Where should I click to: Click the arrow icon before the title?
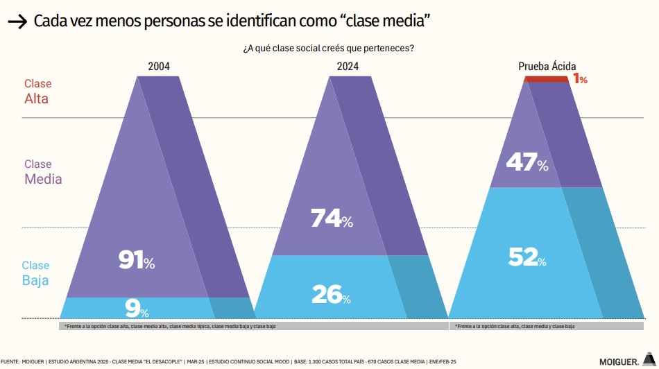click(17, 23)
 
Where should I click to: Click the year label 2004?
click(159, 67)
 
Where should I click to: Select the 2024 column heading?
click(348, 67)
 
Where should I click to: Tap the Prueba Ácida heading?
click(547, 67)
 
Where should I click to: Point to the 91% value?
click(137, 260)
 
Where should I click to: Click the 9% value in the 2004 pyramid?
click(137, 307)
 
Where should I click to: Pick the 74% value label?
click(332, 218)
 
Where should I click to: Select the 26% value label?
click(331, 295)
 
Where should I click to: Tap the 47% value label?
click(527, 164)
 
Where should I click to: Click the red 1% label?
click(580, 79)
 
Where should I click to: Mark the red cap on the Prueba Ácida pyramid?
click(547, 79)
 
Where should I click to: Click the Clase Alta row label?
click(37, 92)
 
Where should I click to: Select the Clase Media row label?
click(43, 172)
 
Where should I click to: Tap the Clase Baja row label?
click(35, 273)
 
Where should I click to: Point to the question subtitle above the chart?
click(329, 48)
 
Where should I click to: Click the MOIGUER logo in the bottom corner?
click(624, 361)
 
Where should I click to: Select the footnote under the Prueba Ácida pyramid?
click(514, 325)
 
